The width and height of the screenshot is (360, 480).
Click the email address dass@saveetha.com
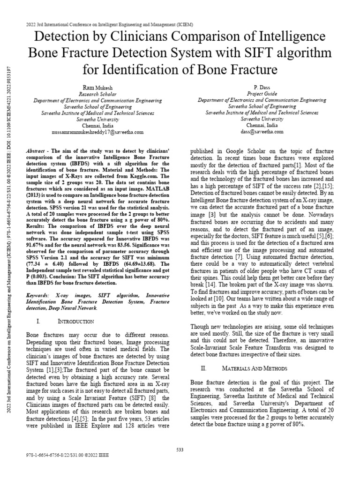262,132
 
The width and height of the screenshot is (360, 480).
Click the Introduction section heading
76,321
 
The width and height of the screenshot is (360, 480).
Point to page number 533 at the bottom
180,450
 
